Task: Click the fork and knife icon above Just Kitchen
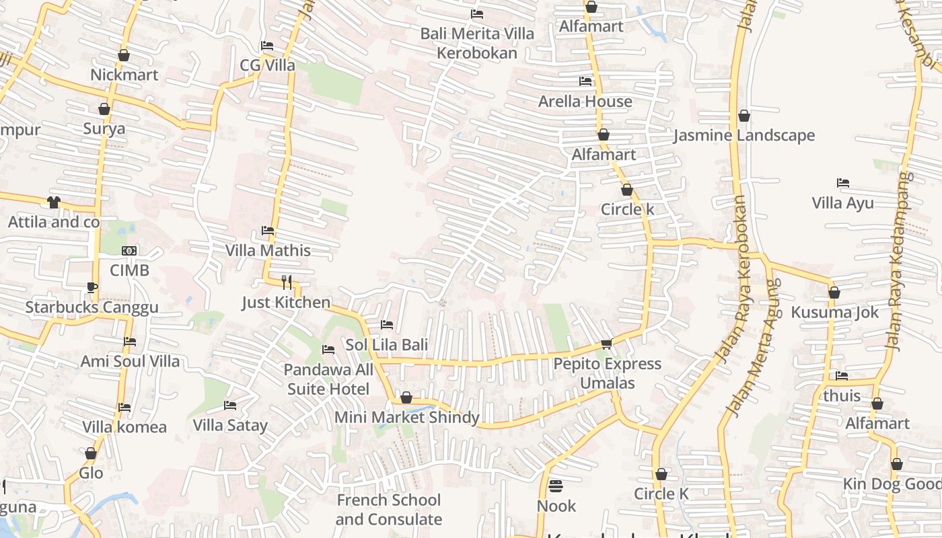click(x=287, y=282)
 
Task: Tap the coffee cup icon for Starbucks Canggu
click(x=92, y=288)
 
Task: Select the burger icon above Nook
click(x=556, y=486)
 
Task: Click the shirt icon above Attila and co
click(x=54, y=202)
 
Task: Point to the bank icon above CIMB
click(x=129, y=251)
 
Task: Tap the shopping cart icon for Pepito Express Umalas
click(x=606, y=344)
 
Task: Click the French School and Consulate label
click(x=389, y=510)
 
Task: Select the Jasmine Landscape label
click(x=744, y=136)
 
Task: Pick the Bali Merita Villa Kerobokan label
click(x=477, y=43)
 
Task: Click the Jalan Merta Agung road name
click(x=752, y=348)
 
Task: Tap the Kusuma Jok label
click(x=834, y=313)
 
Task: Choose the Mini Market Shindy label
click(x=407, y=418)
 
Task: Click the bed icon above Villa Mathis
click(x=268, y=231)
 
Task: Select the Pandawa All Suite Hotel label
click(x=328, y=379)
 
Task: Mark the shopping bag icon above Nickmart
click(x=124, y=55)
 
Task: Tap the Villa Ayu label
click(x=842, y=203)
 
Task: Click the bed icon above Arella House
click(x=585, y=81)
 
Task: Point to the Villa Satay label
click(x=230, y=426)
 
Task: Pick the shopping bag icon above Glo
click(x=91, y=454)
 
